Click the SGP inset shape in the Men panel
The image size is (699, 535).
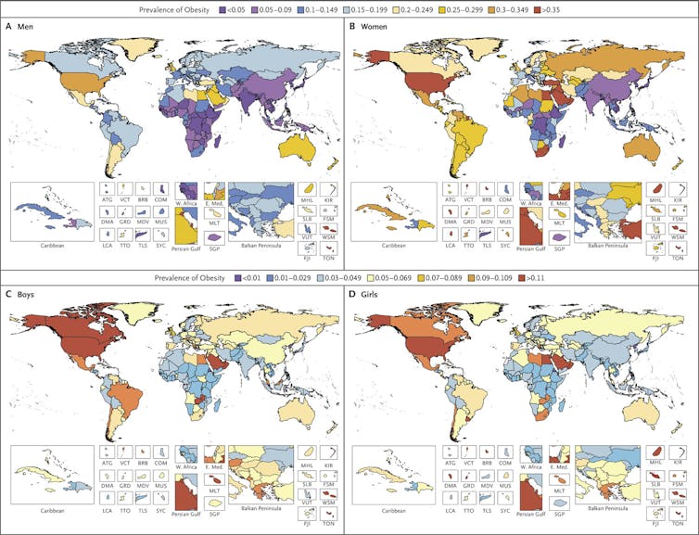pyautogui.click(x=214, y=236)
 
